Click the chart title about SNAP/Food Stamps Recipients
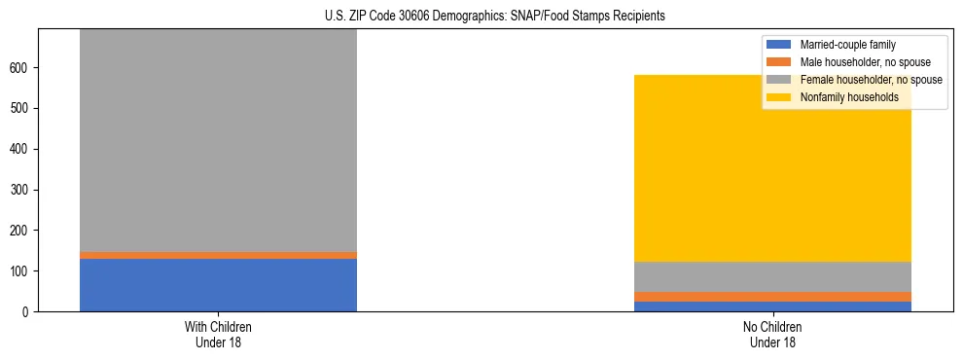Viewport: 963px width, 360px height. coord(481,17)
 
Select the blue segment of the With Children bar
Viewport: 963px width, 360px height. coord(218,285)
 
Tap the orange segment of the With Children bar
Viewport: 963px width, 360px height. coord(218,255)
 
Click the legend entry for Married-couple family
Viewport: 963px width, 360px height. coord(847,45)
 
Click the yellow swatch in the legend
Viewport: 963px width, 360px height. coord(779,97)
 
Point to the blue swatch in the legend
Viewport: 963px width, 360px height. coord(779,45)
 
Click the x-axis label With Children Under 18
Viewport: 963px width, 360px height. coord(218,334)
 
